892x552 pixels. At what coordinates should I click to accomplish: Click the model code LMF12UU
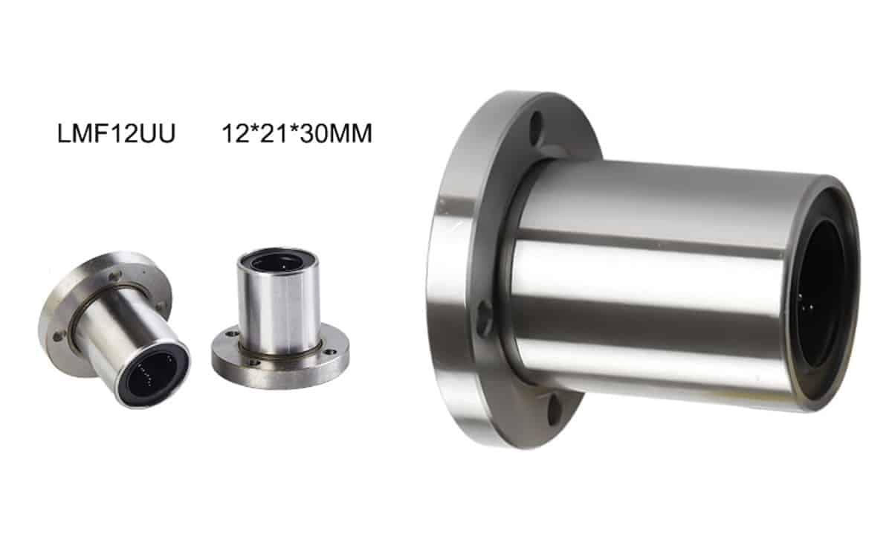point(116,133)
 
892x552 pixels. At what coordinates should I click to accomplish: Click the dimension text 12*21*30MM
point(297,133)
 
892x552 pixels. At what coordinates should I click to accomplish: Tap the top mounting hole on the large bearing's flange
point(537,125)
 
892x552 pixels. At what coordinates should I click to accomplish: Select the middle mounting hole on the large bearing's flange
point(485,318)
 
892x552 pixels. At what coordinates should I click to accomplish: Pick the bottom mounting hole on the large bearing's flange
point(554,409)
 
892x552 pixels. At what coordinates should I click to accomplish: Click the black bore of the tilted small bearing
point(152,373)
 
